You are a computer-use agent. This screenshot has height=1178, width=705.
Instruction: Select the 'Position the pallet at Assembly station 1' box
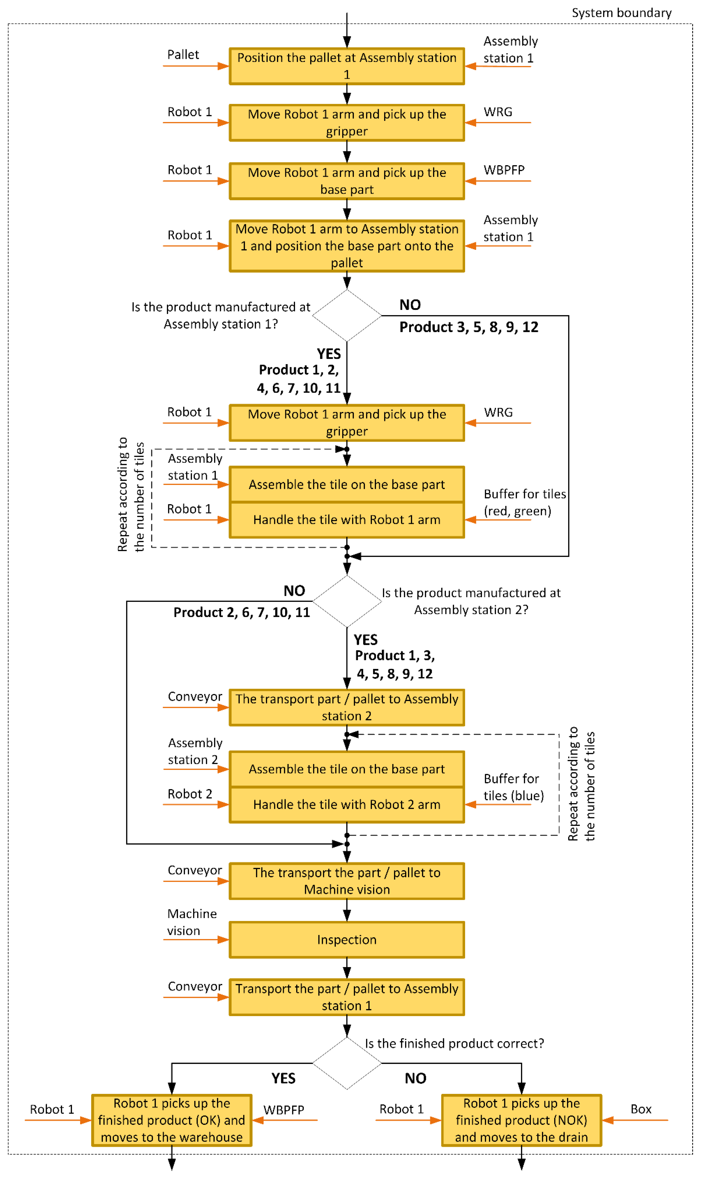tap(347, 66)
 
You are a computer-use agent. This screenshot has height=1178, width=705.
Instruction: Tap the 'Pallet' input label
tap(183, 55)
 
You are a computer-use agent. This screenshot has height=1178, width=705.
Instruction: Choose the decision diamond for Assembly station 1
tap(347, 315)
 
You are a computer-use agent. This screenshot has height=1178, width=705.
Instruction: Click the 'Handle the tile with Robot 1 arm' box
tap(347, 520)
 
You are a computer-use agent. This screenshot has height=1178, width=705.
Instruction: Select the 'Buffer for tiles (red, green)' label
tap(524, 503)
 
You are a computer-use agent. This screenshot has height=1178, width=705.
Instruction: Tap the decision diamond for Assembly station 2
tap(347, 601)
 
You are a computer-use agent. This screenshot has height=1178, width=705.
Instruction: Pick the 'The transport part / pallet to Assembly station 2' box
tap(347, 707)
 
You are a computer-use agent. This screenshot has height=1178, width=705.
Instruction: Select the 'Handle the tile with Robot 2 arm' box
tap(347, 805)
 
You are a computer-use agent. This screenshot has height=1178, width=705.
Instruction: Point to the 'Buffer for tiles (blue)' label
tap(513, 787)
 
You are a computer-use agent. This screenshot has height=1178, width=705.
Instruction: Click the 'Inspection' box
tap(347, 940)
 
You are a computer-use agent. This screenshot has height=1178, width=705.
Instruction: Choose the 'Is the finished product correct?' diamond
tap(347, 1063)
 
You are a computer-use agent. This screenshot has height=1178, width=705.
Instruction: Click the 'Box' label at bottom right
tap(640, 1109)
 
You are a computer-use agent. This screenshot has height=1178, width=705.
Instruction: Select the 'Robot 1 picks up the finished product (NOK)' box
tap(521, 1120)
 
